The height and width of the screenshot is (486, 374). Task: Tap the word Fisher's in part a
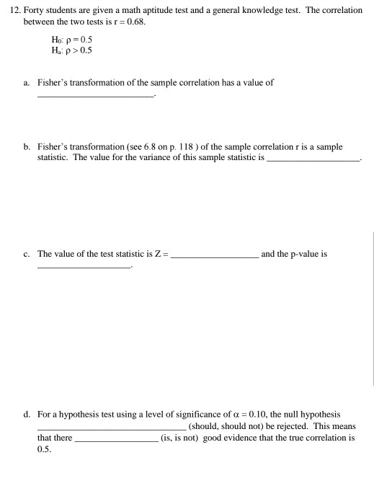[54, 83]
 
